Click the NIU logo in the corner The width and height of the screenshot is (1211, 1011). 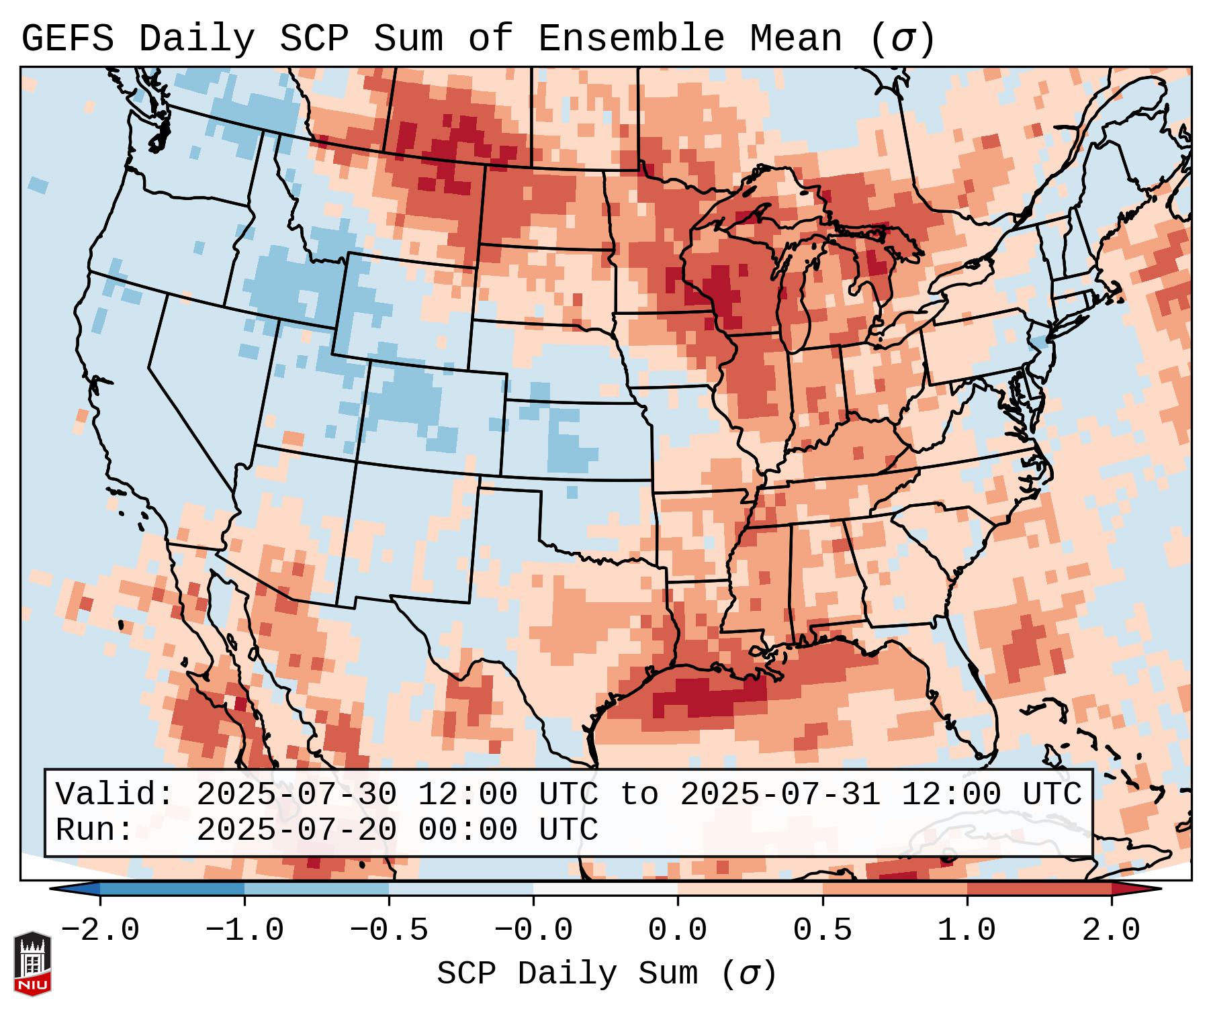32,963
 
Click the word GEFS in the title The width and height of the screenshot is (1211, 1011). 67,38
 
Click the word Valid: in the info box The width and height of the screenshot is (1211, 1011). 115,795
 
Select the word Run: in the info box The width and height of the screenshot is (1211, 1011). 95,830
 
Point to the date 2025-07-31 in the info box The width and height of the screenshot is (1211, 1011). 780,795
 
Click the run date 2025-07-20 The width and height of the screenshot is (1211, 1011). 296,830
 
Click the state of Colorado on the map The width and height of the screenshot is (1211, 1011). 433,416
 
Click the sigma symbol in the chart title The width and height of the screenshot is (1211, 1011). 902,40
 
